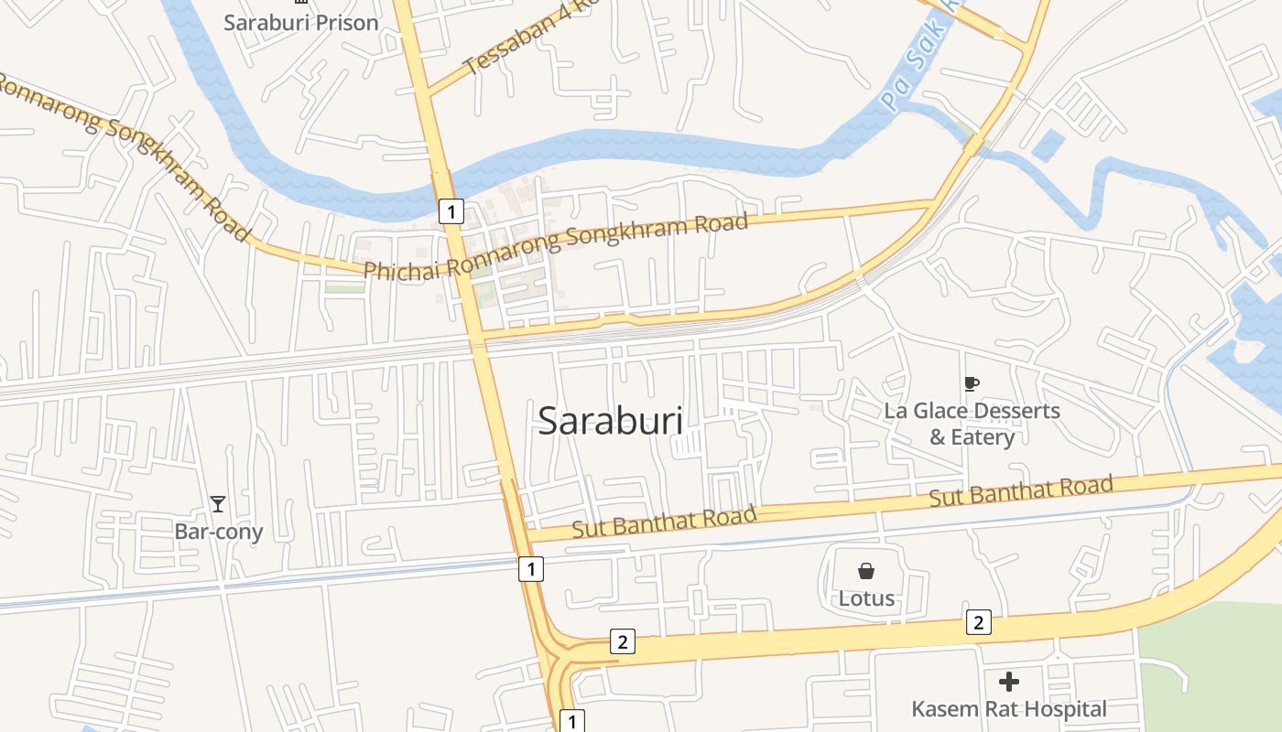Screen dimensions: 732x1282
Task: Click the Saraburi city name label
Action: coord(610,421)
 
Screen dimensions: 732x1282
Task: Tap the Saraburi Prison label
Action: coord(300,23)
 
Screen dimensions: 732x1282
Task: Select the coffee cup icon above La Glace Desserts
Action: coord(972,384)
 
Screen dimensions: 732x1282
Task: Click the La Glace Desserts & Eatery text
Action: coord(972,424)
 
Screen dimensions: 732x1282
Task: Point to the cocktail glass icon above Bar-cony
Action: coord(217,504)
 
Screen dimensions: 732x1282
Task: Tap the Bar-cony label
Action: coord(219,532)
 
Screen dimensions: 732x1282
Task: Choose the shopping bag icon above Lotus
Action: coord(866,572)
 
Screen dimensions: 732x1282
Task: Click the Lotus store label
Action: coord(866,599)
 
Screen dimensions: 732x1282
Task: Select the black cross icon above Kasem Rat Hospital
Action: coord(1009,682)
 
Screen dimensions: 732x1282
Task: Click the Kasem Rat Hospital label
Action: coord(1009,709)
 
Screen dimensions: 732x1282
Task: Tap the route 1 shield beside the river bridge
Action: coord(451,211)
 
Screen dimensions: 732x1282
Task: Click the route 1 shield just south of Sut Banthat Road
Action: coord(530,568)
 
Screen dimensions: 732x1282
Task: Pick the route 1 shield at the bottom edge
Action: coord(571,721)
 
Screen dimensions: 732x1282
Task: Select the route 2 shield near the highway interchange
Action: coord(622,641)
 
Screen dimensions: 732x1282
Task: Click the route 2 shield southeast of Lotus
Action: coord(978,623)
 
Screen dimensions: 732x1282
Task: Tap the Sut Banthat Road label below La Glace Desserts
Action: coord(1021,491)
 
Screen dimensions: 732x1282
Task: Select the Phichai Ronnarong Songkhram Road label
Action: coord(556,245)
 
